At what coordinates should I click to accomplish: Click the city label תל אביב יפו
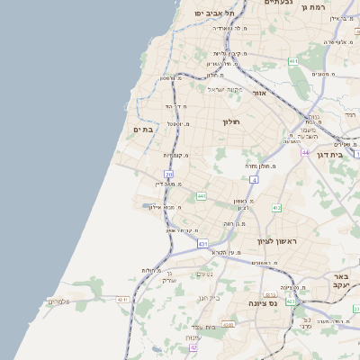tap(213, 13)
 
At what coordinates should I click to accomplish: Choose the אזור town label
tap(258, 94)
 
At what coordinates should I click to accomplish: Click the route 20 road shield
tap(168, 174)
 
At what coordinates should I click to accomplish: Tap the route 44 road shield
tap(306, 153)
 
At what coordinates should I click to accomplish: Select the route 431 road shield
tap(202, 243)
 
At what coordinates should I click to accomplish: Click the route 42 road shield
tap(193, 347)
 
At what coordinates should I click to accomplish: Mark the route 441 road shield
tap(202, 195)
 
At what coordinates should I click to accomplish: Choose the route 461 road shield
tap(293, 60)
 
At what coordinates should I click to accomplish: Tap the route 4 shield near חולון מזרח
tap(255, 180)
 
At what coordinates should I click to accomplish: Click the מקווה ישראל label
tap(201, 89)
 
